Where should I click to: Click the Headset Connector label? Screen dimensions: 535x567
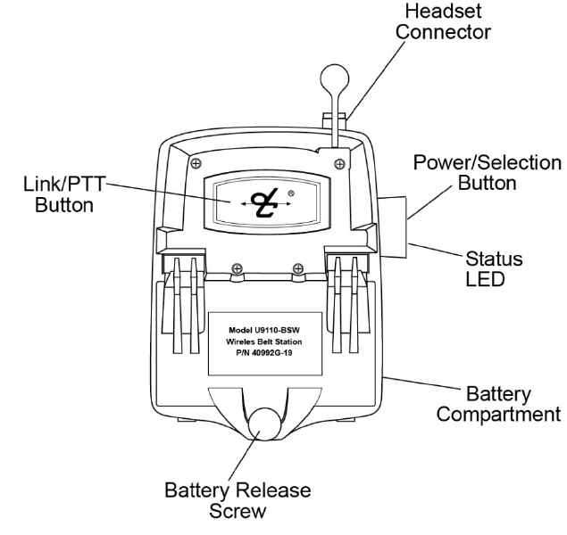click(471, 21)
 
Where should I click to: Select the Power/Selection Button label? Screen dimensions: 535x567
click(487, 174)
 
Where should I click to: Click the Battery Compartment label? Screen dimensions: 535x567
click(508, 404)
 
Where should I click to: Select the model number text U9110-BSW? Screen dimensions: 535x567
click(268, 328)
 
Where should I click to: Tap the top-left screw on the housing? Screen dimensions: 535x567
click(195, 161)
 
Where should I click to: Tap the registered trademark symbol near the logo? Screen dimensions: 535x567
click(291, 193)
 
